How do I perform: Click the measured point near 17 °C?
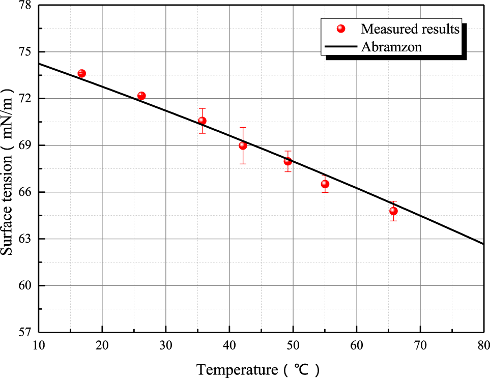81,73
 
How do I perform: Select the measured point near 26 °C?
141,96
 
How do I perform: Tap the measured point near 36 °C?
202,121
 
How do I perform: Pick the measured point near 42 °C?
243,146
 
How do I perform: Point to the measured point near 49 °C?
287,161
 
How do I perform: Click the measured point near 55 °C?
325,184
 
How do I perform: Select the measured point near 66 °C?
393,211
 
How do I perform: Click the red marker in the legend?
341,28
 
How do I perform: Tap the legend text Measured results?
410,29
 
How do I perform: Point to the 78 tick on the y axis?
24,6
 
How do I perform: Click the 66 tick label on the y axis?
24,192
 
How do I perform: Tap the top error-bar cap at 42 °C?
243,127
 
